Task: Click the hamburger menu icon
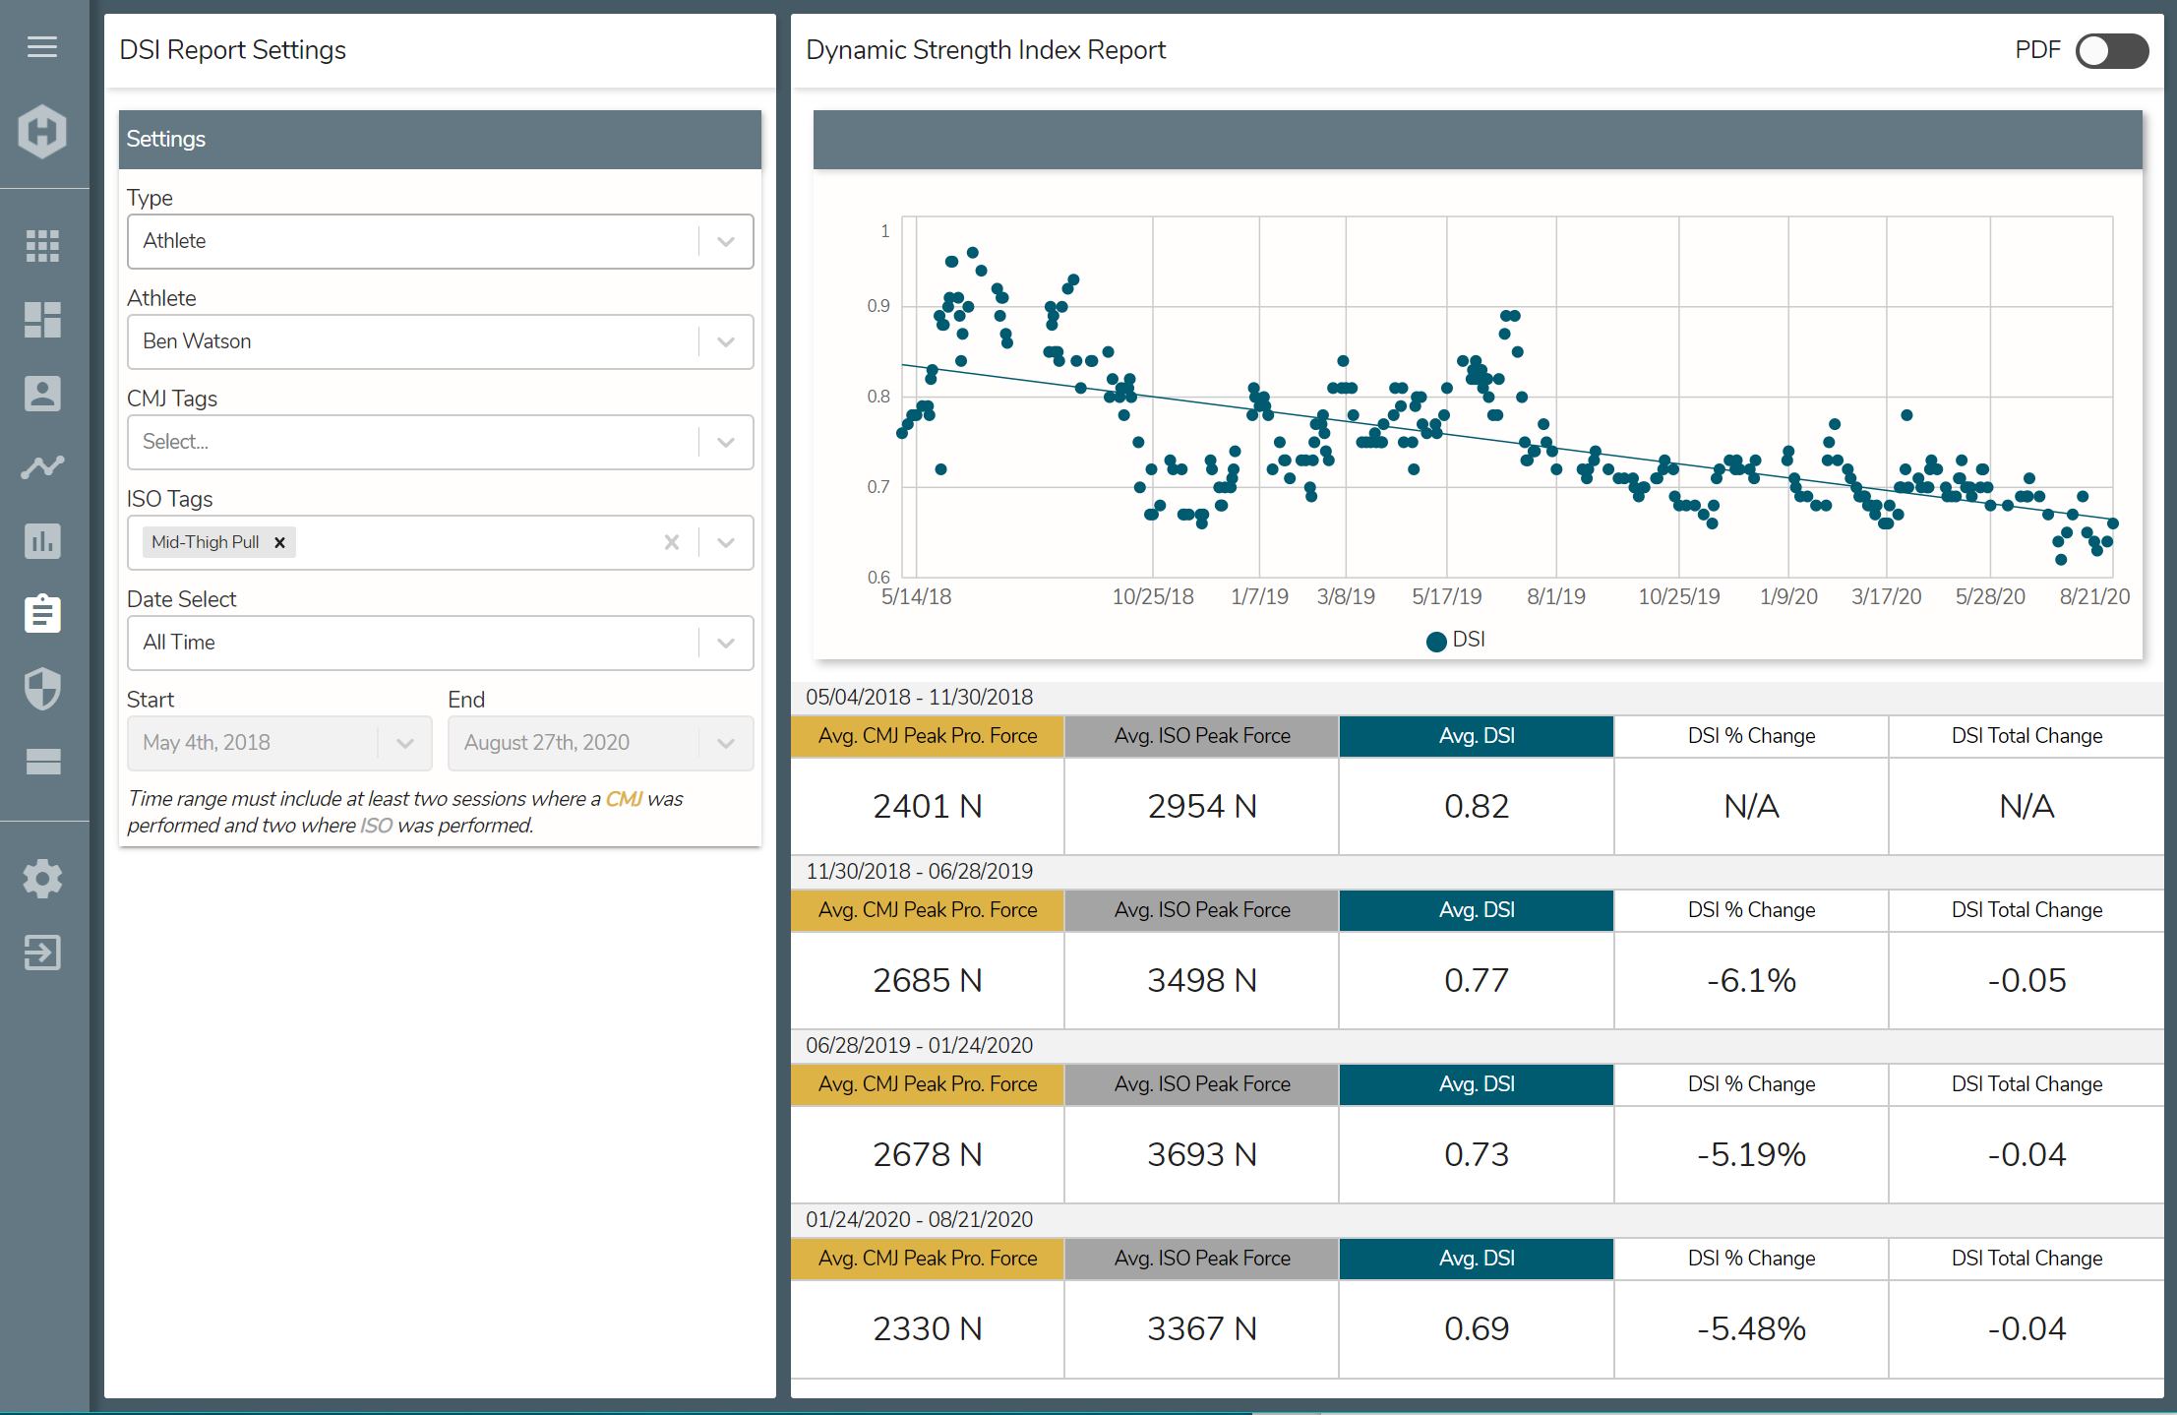(42, 46)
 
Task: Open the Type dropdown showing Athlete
(440, 241)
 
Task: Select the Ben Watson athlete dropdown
(440, 341)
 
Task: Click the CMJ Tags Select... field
(413, 442)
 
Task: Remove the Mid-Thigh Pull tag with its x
(279, 542)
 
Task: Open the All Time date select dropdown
(440, 643)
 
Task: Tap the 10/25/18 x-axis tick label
(1152, 596)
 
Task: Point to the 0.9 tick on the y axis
(877, 306)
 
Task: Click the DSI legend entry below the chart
(1457, 640)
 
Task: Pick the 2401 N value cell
(927, 806)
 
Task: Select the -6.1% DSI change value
(1751, 980)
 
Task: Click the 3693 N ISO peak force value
(1201, 1154)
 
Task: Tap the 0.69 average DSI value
(1476, 1328)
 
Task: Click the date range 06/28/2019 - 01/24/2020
(919, 1045)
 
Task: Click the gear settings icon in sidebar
(42, 878)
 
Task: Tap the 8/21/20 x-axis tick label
(2093, 596)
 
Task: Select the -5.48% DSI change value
(1751, 1328)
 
